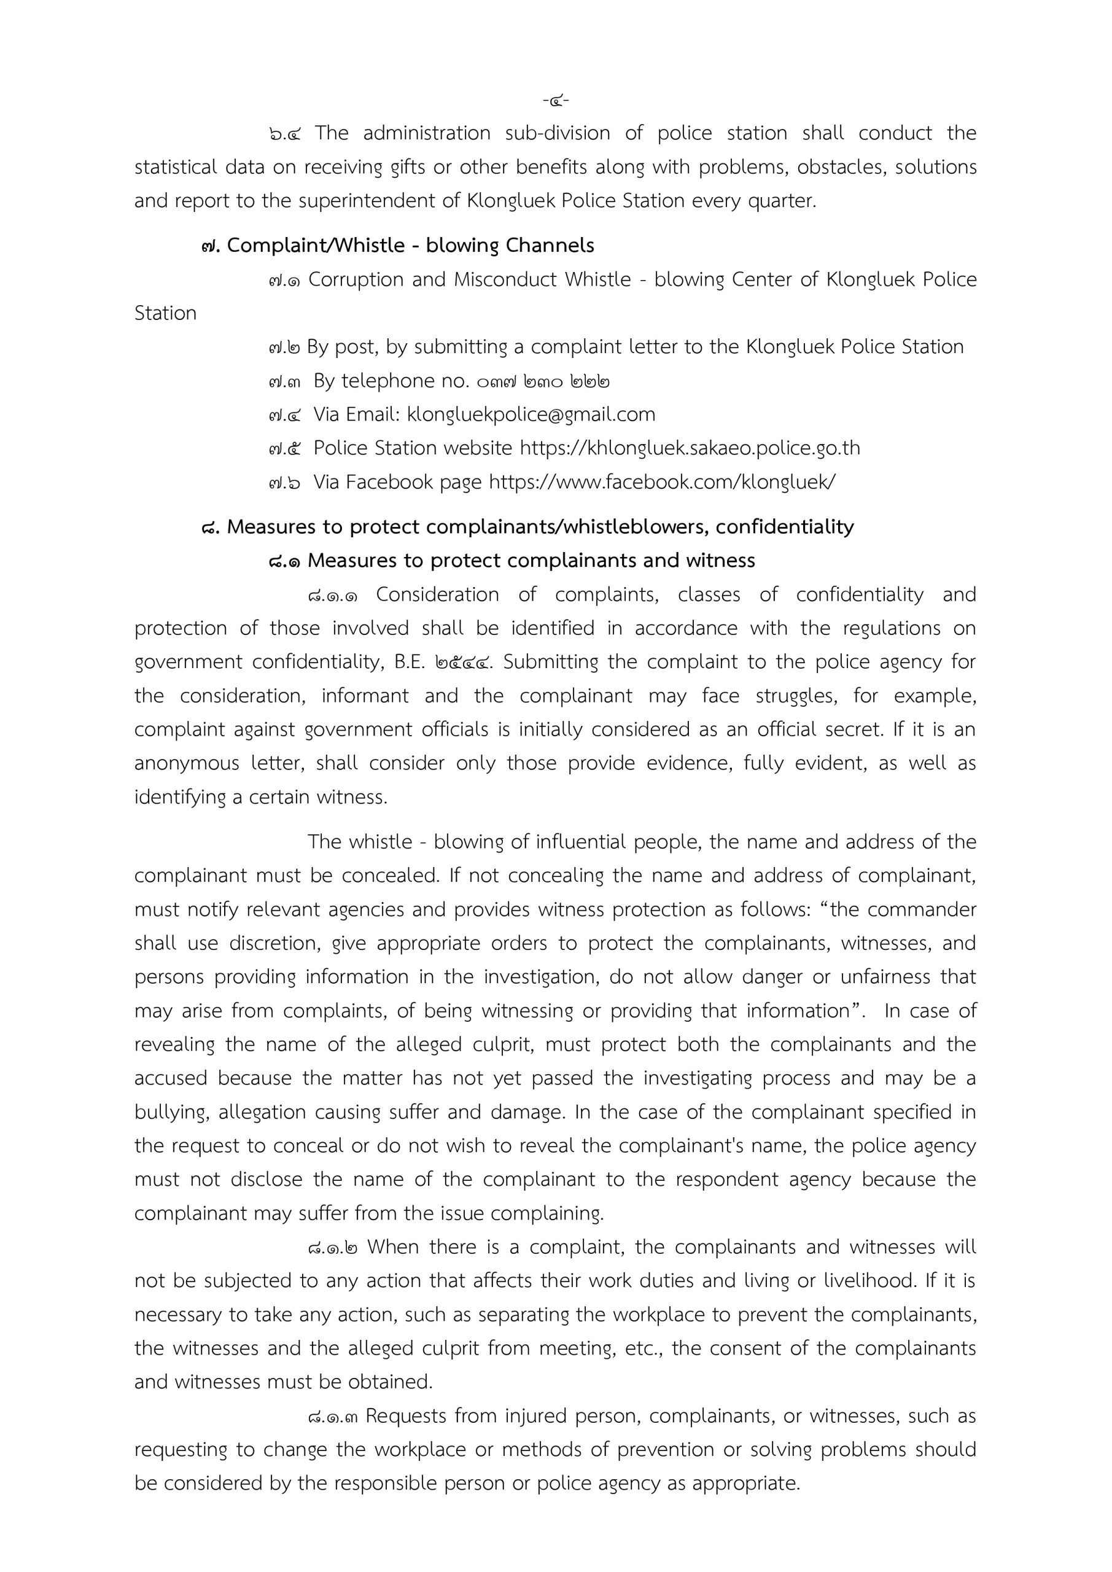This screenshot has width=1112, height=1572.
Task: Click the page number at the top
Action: tap(555, 101)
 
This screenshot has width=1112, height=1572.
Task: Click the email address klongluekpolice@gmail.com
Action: tap(531, 414)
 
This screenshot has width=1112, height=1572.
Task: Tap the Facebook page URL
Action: tap(661, 482)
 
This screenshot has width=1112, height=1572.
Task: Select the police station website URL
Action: tap(690, 448)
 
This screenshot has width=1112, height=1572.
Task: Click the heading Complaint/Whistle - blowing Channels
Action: tap(410, 245)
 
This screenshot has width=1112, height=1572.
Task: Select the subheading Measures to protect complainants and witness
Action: tap(531, 560)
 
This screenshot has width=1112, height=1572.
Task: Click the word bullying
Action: tap(171, 1112)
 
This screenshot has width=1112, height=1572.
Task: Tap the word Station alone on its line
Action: tap(165, 314)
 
